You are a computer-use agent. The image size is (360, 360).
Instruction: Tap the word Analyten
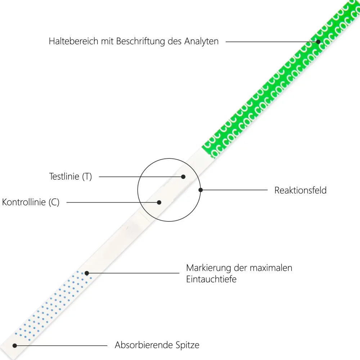201,41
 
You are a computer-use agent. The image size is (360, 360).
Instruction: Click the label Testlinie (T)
71,176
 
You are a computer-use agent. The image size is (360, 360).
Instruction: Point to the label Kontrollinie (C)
31,202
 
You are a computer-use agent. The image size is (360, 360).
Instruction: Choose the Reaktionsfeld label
300,190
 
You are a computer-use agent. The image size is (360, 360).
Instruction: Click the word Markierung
208,268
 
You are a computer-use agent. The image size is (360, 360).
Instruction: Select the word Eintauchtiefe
211,279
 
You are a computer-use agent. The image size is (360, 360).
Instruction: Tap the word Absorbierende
144,345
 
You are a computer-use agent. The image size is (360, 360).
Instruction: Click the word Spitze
187,345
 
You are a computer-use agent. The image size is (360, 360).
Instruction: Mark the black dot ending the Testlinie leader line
183,177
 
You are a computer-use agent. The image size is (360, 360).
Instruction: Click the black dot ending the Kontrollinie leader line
159,202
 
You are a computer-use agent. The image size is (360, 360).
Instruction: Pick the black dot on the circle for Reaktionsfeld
201,190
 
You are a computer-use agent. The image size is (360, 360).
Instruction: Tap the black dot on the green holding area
318,42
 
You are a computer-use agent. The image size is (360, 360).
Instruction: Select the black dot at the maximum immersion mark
87,273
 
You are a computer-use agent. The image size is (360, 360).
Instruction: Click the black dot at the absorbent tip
15,346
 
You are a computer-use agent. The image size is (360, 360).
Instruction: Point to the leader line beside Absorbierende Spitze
61,346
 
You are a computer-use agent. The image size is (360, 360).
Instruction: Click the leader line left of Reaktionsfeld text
234,190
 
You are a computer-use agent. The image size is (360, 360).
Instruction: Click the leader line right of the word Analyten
272,42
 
